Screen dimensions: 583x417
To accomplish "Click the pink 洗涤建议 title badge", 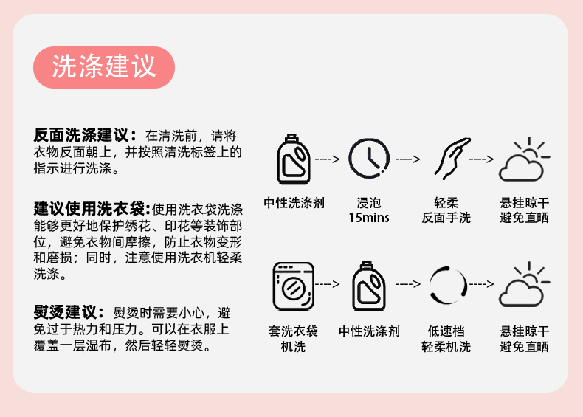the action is click(x=104, y=67).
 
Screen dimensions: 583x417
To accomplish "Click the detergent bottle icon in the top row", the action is click(x=294, y=159).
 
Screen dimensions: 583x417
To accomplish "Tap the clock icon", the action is click(x=368, y=159).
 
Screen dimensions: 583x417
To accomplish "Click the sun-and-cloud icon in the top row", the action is click(x=524, y=160).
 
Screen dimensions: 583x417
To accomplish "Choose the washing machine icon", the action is click(x=293, y=284).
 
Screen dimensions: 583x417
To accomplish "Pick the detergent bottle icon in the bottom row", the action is click(x=369, y=285).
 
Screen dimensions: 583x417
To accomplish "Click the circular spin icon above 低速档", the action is click(x=446, y=285).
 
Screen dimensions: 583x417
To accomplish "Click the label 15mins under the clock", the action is click(x=369, y=218).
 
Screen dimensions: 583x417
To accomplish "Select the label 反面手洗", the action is click(x=446, y=218).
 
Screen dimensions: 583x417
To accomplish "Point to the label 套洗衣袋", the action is click(x=293, y=331).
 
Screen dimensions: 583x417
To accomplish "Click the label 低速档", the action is click(x=446, y=331).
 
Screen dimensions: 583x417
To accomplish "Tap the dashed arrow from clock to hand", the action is click(x=407, y=159).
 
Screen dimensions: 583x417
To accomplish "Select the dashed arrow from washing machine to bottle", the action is click(x=331, y=283).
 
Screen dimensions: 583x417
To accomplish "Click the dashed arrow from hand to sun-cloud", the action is click(x=484, y=159).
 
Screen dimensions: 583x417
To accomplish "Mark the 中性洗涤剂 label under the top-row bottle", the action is click(x=294, y=202).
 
